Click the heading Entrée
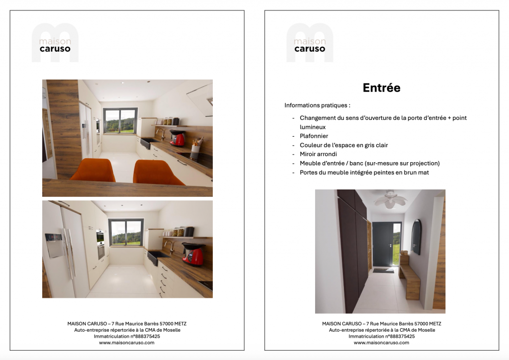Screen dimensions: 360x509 click(381, 88)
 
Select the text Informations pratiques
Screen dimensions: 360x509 click(317, 105)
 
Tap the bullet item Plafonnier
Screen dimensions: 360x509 click(314, 136)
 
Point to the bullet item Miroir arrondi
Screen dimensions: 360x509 click(318, 154)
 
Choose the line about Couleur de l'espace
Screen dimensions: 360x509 click(343, 145)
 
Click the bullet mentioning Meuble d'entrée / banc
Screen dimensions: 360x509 click(369, 163)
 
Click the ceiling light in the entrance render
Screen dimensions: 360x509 click(390, 199)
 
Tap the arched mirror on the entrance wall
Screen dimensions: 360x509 click(416, 237)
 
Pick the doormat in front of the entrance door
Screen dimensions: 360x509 click(383, 270)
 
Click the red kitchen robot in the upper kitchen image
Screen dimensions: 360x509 click(177, 138)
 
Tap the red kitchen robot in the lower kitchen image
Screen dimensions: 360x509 click(193, 255)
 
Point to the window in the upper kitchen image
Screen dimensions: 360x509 click(120, 121)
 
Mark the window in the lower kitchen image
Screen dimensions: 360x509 click(126, 232)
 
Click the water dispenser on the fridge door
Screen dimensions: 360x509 click(54, 245)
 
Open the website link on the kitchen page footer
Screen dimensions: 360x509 click(127, 343)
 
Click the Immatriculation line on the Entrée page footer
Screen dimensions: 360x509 click(381, 336)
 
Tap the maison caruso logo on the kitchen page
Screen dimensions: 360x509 click(55, 43)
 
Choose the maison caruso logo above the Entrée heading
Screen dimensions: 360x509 click(309, 43)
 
